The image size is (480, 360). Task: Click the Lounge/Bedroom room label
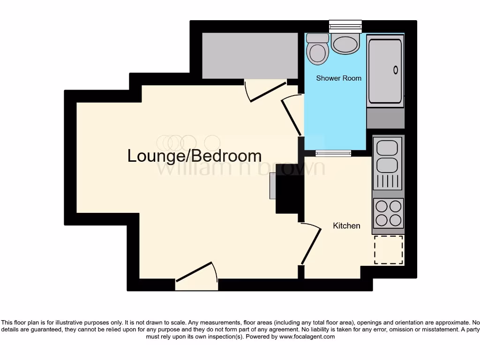coord(194,156)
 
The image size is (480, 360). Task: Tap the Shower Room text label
coord(338,78)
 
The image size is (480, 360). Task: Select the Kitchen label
coord(346,226)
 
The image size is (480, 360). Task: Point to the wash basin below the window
coord(345,44)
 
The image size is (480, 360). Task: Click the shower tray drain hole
coord(396,70)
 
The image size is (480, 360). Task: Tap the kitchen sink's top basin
coord(387,148)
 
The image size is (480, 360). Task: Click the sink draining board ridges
coord(388,181)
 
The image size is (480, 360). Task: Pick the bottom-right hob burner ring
coord(395,219)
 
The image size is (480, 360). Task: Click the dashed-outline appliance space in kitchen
coord(389,250)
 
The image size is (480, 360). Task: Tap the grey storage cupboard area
coord(250,55)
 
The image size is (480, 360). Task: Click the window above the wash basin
coord(345,26)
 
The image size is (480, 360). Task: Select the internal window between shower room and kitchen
coord(333,153)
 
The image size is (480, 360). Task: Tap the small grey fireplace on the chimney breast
coord(272,186)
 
